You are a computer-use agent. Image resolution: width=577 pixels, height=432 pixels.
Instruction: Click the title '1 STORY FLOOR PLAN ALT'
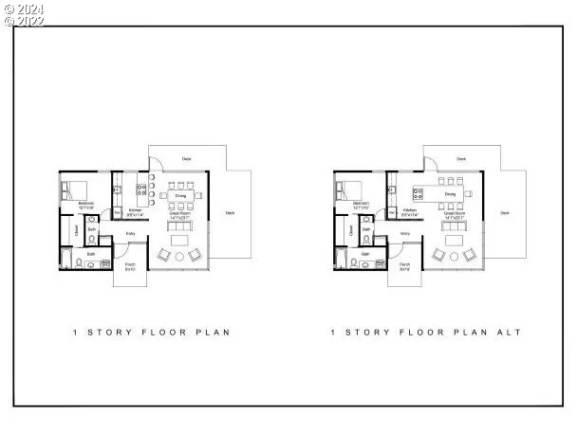click(425, 333)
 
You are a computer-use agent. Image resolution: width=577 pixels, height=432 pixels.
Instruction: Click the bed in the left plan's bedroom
click(75, 187)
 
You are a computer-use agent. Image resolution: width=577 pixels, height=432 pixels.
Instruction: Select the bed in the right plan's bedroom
click(349, 187)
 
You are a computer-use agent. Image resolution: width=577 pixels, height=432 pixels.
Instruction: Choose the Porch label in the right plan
click(404, 266)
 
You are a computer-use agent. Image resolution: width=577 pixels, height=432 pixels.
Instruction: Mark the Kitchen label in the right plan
click(410, 210)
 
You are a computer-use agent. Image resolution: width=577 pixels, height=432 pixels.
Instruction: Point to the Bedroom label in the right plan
click(360, 204)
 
